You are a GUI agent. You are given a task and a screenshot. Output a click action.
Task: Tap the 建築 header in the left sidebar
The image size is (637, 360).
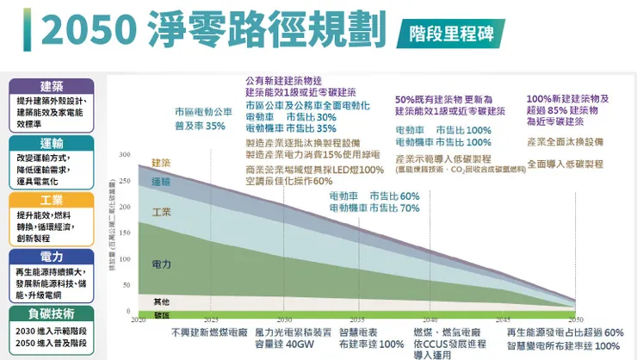pos(51,86)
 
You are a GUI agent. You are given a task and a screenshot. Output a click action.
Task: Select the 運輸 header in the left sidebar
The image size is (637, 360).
pos(51,143)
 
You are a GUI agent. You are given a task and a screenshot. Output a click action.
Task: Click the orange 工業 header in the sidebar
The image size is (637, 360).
pos(51,200)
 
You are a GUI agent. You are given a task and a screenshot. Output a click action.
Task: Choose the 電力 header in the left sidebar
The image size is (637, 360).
pos(51,257)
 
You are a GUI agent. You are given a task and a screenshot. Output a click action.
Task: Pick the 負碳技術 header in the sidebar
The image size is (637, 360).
pos(51,313)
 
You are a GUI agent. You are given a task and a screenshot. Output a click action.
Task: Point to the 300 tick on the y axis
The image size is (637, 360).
pos(126,155)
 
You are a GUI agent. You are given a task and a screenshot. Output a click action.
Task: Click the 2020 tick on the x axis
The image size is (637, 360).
pos(138,320)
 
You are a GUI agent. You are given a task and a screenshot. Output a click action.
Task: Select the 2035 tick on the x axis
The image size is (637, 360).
pos(357,320)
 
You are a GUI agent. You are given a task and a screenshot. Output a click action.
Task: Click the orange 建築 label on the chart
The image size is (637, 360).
pos(161,163)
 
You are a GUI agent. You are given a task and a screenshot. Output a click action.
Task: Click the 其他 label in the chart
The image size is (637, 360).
pos(161,301)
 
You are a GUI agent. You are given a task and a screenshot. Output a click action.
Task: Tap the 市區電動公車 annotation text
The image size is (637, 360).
pos(203,112)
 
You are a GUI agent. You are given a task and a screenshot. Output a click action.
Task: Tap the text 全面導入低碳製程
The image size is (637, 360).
pos(565,164)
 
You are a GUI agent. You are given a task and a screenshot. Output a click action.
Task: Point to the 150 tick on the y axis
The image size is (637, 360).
pos(126,233)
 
